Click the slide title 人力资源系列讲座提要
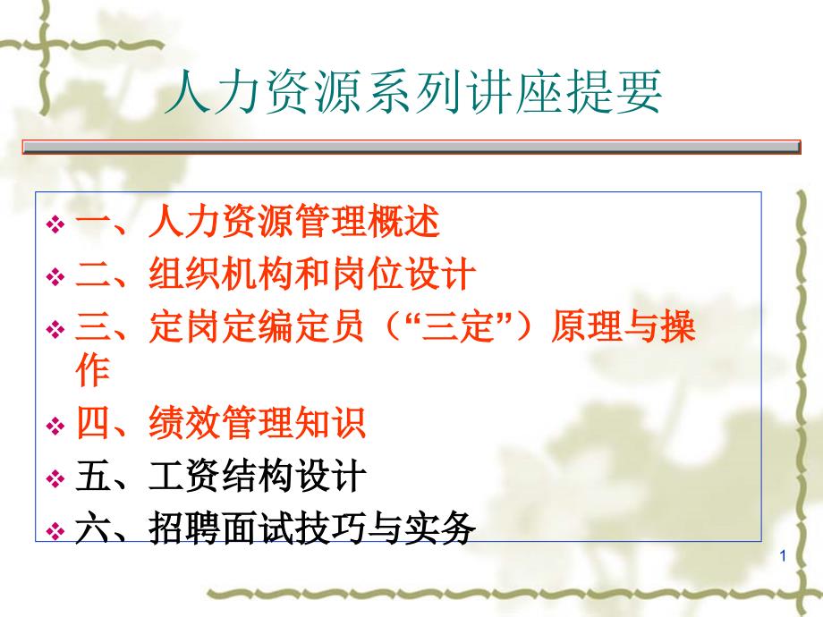(x=412, y=92)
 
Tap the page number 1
(x=783, y=556)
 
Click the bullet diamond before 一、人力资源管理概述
(x=55, y=224)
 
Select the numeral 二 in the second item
(x=92, y=275)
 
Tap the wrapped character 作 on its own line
(x=93, y=370)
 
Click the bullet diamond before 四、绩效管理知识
(x=55, y=425)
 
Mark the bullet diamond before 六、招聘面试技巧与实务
(x=55, y=531)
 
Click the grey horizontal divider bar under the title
(x=411, y=147)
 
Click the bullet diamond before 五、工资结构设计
(x=55, y=478)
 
